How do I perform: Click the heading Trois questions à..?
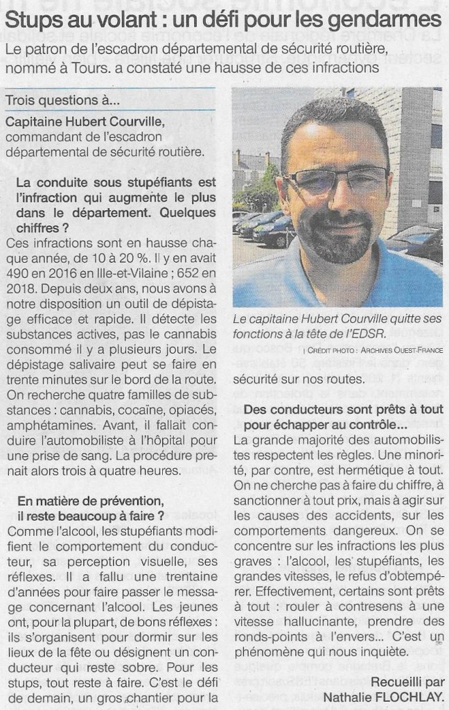(x=62, y=101)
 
